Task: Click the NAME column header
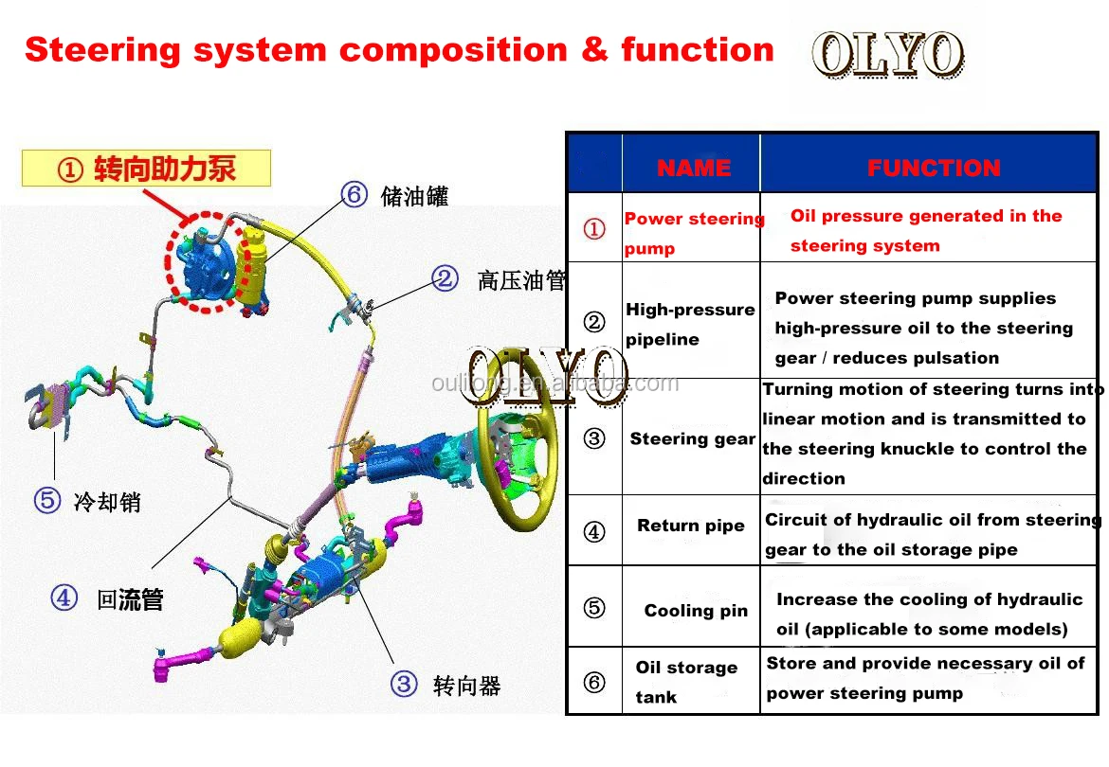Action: click(693, 169)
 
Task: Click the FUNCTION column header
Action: click(934, 169)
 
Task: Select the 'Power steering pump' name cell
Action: click(693, 233)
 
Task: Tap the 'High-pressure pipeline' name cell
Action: click(690, 324)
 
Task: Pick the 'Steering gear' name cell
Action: click(692, 438)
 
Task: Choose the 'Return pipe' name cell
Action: click(691, 526)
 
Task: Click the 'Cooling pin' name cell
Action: click(696, 611)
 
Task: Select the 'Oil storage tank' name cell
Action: click(686, 682)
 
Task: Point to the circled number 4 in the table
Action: click(594, 531)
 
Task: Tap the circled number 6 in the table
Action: click(594, 682)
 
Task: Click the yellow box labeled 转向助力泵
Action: click(147, 169)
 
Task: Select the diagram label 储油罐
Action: click(414, 196)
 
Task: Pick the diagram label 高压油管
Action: click(520, 280)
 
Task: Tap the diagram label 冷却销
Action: click(107, 501)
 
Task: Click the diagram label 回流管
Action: click(131, 599)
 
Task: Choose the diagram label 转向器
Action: click(466, 685)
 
